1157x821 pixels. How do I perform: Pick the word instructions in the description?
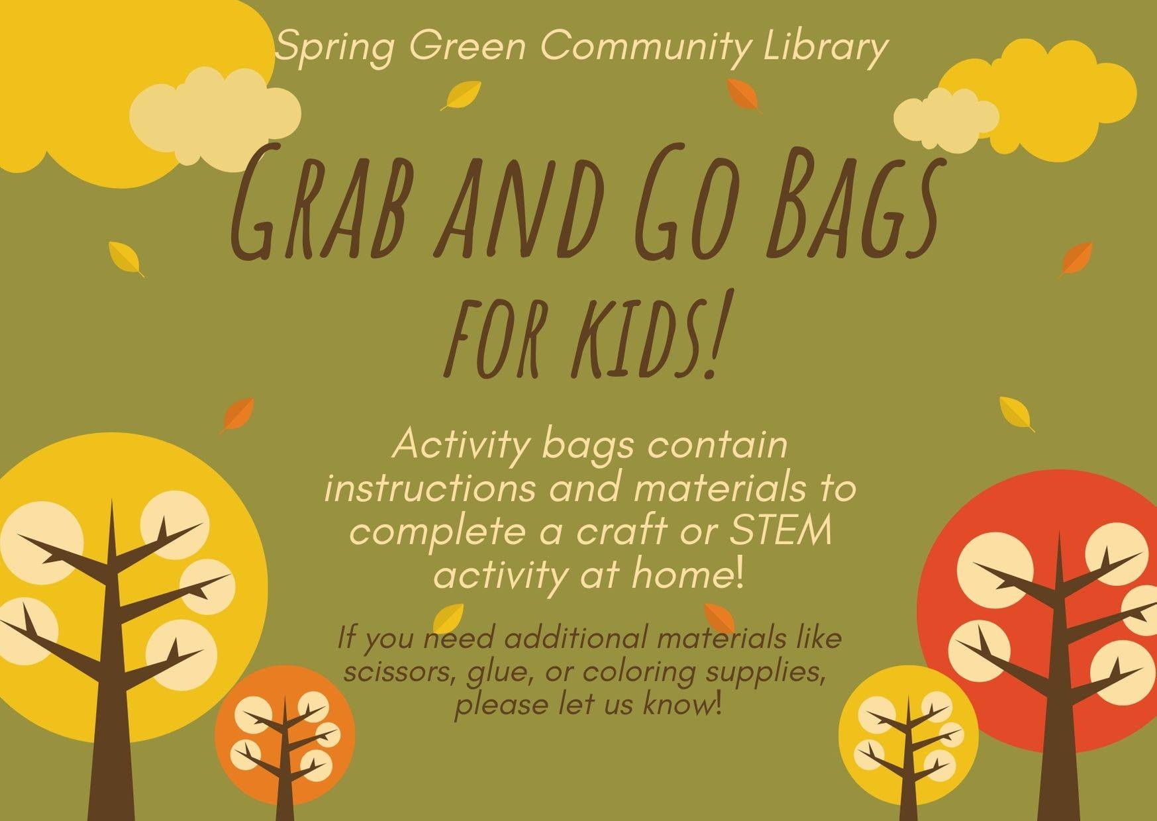pos(430,489)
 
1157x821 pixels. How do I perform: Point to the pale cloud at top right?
pos(946,120)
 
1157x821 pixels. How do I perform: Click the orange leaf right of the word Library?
pos(744,96)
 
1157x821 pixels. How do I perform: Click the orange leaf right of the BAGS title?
pos(1075,260)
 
